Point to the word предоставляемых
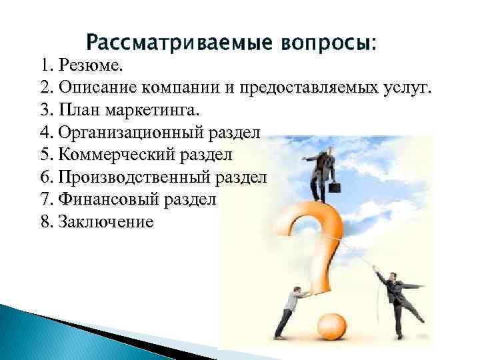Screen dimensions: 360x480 (x=301, y=88)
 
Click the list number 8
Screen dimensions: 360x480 (x=45, y=221)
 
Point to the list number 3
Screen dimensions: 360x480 (x=45, y=109)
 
